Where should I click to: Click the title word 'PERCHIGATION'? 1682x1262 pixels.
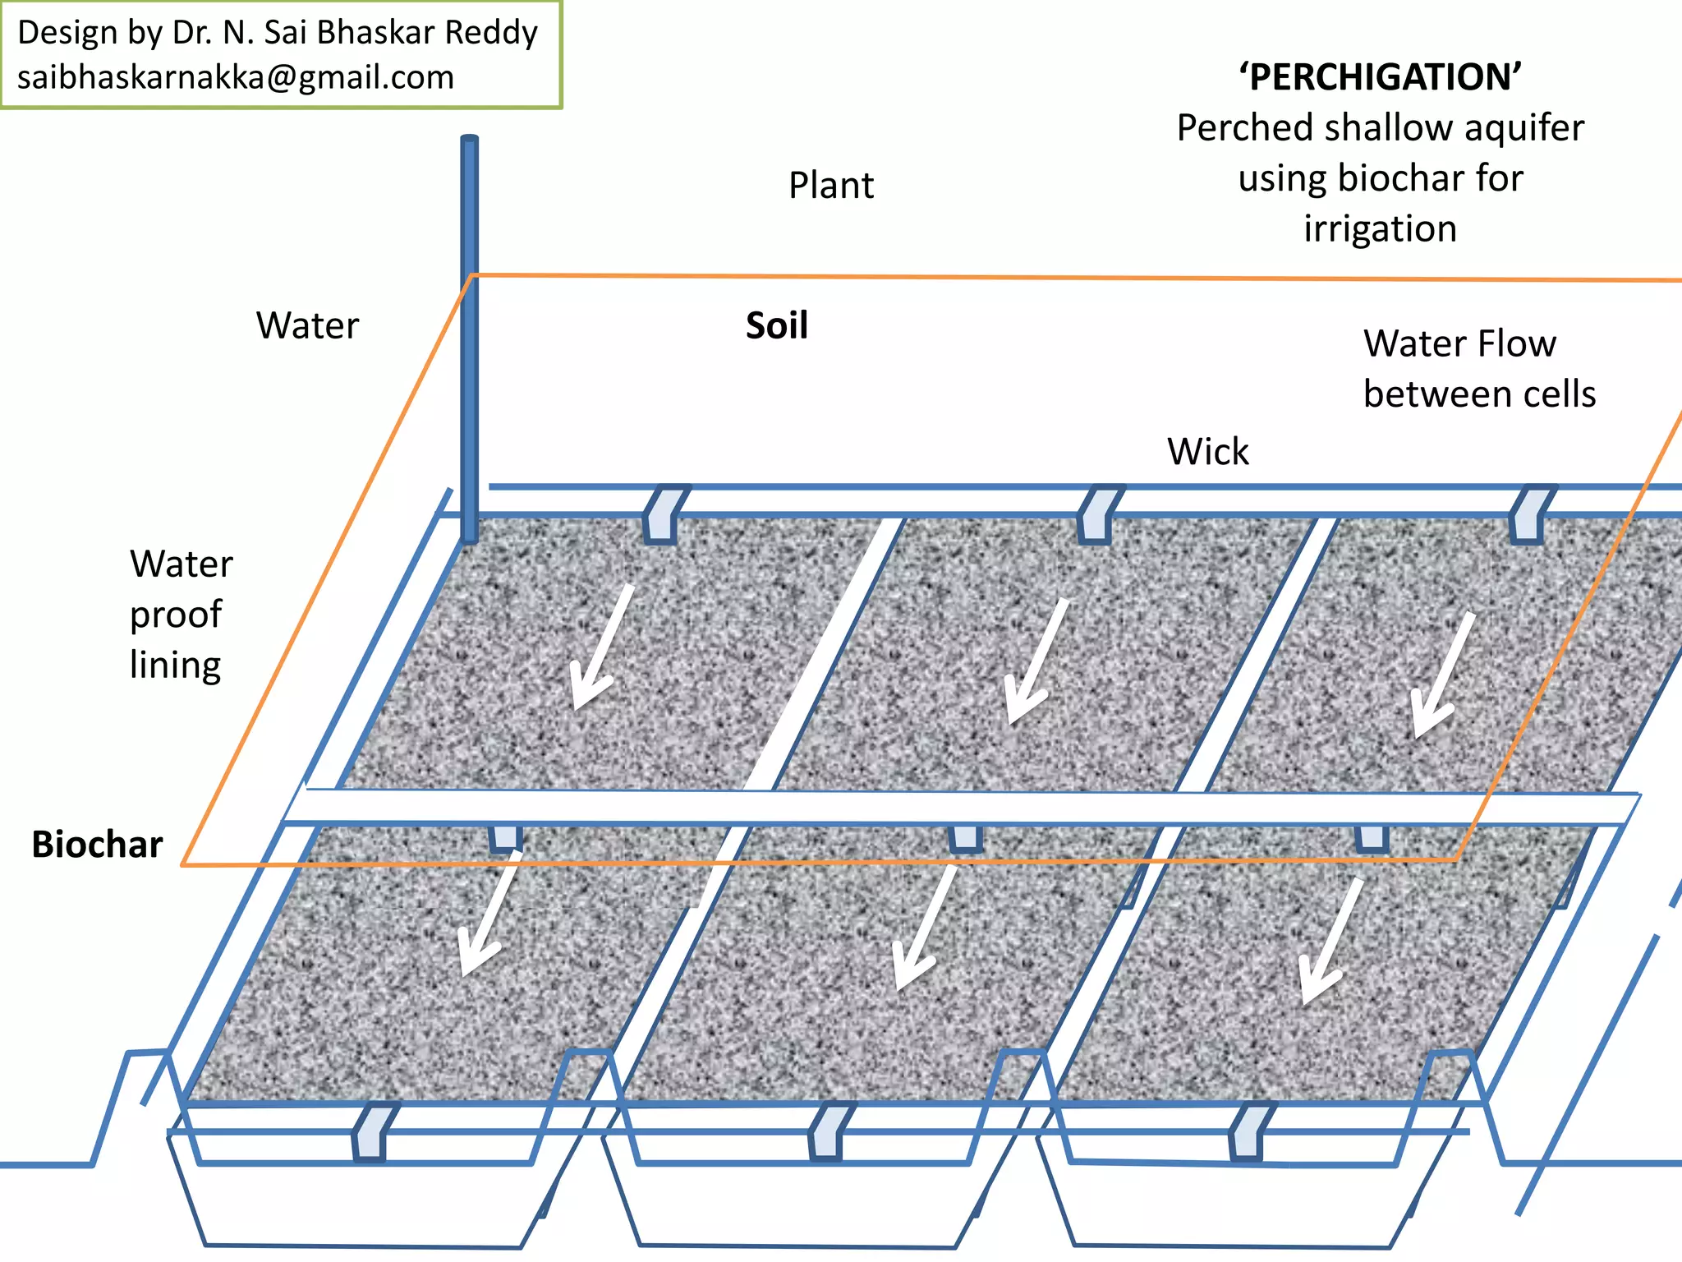tap(1380, 77)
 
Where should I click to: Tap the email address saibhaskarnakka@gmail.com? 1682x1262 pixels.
tap(236, 77)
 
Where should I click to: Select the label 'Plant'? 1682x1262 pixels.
tap(831, 186)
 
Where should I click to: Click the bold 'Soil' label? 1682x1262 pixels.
tap(776, 325)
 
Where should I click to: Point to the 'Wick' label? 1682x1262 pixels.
tap(1207, 452)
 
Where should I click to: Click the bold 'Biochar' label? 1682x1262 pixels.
tap(97, 845)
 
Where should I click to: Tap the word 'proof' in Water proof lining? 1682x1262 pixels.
tap(176, 615)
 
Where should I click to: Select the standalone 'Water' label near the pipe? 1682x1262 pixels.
tap(307, 325)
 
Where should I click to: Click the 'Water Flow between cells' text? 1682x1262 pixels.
tap(1478, 368)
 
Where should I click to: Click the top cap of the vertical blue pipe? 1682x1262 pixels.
tap(469, 140)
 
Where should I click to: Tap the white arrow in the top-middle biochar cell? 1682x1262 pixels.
tap(1037, 661)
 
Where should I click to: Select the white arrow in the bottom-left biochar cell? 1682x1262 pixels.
tap(489, 914)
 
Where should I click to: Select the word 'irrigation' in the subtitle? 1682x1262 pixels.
tap(1380, 228)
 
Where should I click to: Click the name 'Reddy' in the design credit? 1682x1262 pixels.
tap(491, 33)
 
